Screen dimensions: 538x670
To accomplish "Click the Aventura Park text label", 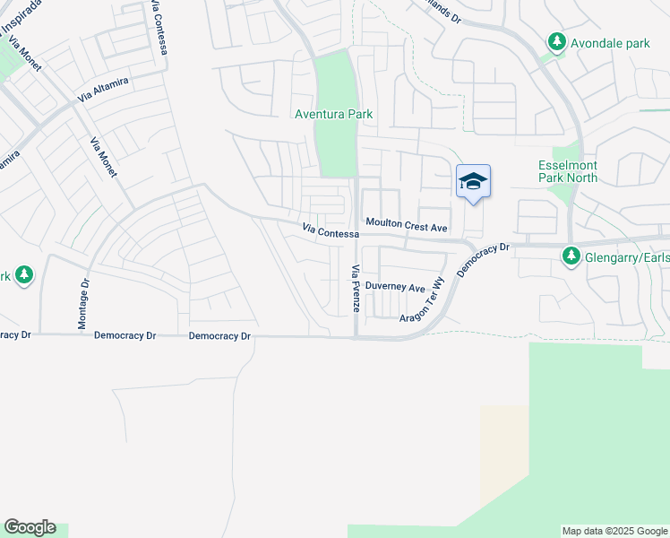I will pyautogui.click(x=334, y=115).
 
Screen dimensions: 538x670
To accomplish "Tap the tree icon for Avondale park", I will pyautogui.click(x=557, y=41).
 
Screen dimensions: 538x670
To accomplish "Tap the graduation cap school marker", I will pyautogui.click(x=473, y=182).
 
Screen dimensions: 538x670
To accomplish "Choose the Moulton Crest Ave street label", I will pyautogui.click(x=406, y=228).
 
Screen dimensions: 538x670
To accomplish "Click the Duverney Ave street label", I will pyautogui.click(x=395, y=288).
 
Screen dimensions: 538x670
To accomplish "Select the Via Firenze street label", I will pyautogui.click(x=356, y=288).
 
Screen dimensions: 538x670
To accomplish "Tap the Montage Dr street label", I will pyautogui.click(x=83, y=307).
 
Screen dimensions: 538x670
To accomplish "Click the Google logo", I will pyautogui.click(x=30, y=527).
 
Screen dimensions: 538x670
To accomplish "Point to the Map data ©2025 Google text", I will pyautogui.click(x=614, y=531).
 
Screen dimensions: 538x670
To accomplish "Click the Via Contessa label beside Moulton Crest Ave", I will pyautogui.click(x=331, y=231).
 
